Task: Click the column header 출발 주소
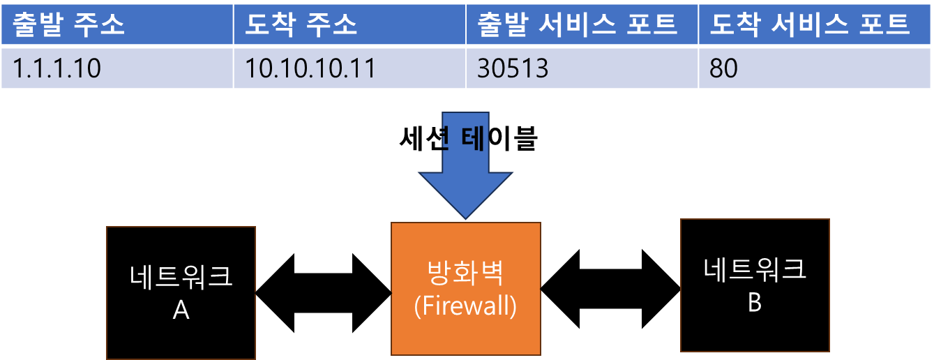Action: pos(68,25)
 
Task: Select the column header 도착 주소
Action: pos(301,25)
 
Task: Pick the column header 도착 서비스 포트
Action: pos(810,25)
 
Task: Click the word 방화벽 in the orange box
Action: pos(465,274)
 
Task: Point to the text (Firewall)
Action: pos(465,306)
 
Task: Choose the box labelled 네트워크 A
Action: pos(181,292)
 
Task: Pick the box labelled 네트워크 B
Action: pos(755,285)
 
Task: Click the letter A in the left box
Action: pos(181,310)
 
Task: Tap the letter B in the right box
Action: pos(755,303)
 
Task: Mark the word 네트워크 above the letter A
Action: pos(181,277)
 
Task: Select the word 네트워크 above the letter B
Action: pos(755,269)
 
